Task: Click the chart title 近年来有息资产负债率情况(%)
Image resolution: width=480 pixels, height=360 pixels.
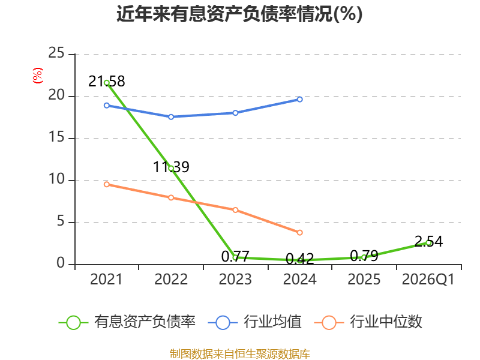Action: point(239,14)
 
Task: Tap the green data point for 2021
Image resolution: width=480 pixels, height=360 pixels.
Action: point(107,83)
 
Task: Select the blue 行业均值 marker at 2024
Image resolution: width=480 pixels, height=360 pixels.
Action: point(299,99)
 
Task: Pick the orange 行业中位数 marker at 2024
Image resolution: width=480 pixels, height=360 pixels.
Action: point(299,233)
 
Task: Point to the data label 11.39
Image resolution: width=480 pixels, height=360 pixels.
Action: point(171,167)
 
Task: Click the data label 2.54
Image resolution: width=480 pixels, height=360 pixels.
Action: point(428,242)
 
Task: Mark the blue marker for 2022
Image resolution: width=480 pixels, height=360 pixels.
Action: point(171,117)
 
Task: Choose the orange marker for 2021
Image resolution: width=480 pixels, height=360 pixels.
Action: point(107,184)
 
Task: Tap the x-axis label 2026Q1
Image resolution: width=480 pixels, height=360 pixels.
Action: point(428,280)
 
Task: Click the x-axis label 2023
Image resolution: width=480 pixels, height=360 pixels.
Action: point(235,280)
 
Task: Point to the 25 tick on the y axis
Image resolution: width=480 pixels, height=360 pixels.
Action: point(56,53)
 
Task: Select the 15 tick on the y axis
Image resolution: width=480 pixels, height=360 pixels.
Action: point(56,137)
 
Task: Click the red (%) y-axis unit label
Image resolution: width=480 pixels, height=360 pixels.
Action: point(38,76)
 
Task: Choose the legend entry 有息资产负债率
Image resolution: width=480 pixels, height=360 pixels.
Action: point(127,322)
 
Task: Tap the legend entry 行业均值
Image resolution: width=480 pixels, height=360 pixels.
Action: point(254,322)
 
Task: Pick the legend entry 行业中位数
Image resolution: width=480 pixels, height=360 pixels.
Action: point(368,322)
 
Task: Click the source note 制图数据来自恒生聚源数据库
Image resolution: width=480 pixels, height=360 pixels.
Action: point(240,354)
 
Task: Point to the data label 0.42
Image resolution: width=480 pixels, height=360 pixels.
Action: point(299,259)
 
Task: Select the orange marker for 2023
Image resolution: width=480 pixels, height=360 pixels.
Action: point(235,210)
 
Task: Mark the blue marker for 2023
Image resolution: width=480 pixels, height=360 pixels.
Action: point(235,113)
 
